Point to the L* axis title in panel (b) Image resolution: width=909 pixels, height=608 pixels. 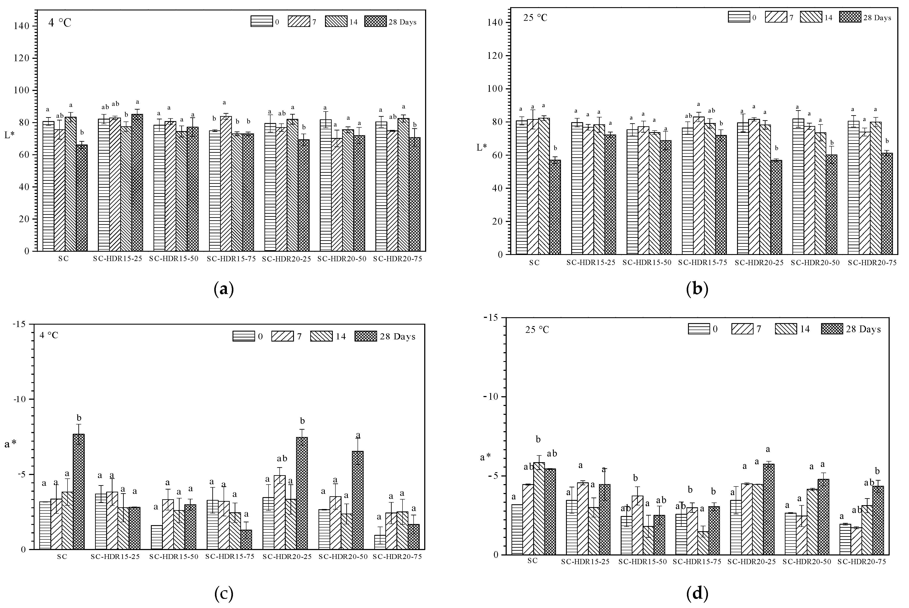pyautogui.click(x=482, y=147)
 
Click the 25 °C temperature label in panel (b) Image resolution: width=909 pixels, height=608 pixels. pyautogui.click(x=535, y=18)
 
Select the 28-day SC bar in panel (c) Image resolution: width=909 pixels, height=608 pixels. pyautogui.click(x=79, y=491)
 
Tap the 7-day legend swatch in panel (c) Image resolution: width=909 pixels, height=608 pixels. pyautogui.click(x=282, y=336)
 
